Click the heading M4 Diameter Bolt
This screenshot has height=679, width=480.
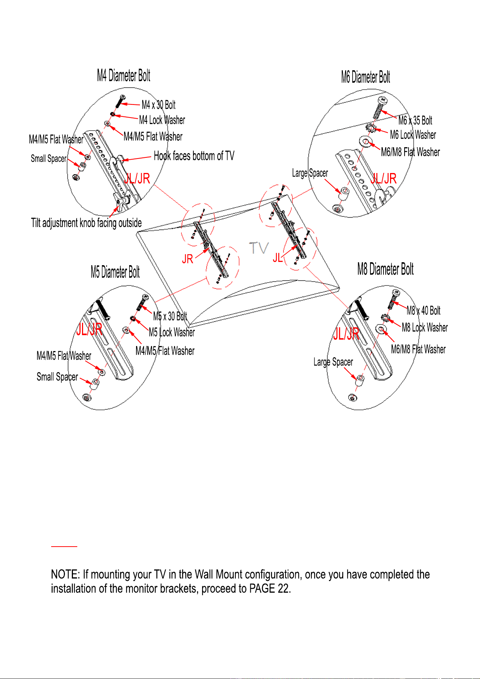coord(124,75)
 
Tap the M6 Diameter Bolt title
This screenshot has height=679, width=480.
coord(366,77)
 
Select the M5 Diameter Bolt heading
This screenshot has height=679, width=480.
coord(115,272)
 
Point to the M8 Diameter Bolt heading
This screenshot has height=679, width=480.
coord(386,269)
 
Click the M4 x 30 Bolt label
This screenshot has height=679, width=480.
coord(159,105)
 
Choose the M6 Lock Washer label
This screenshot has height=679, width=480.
coord(413,135)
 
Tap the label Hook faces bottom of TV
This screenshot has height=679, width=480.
coord(194,156)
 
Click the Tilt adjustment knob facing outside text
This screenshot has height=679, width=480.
coord(86,223)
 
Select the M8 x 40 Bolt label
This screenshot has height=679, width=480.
coord(424,310)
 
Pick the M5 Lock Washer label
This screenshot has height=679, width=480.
coord(172,332)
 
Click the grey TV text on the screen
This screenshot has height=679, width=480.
coord(259,248)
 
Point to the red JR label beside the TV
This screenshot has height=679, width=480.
coord(188,259)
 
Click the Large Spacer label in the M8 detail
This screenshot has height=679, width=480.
coord(333,362)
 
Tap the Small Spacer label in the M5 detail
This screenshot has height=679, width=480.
coord(57,377)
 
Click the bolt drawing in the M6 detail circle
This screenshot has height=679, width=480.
coord(380,107)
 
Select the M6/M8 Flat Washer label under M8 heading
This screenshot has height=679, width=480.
coord(418,349)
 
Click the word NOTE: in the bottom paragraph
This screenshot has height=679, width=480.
coord(65,575)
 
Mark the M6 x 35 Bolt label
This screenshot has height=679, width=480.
coord(415,120)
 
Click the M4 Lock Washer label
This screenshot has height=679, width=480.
coord(162,120)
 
